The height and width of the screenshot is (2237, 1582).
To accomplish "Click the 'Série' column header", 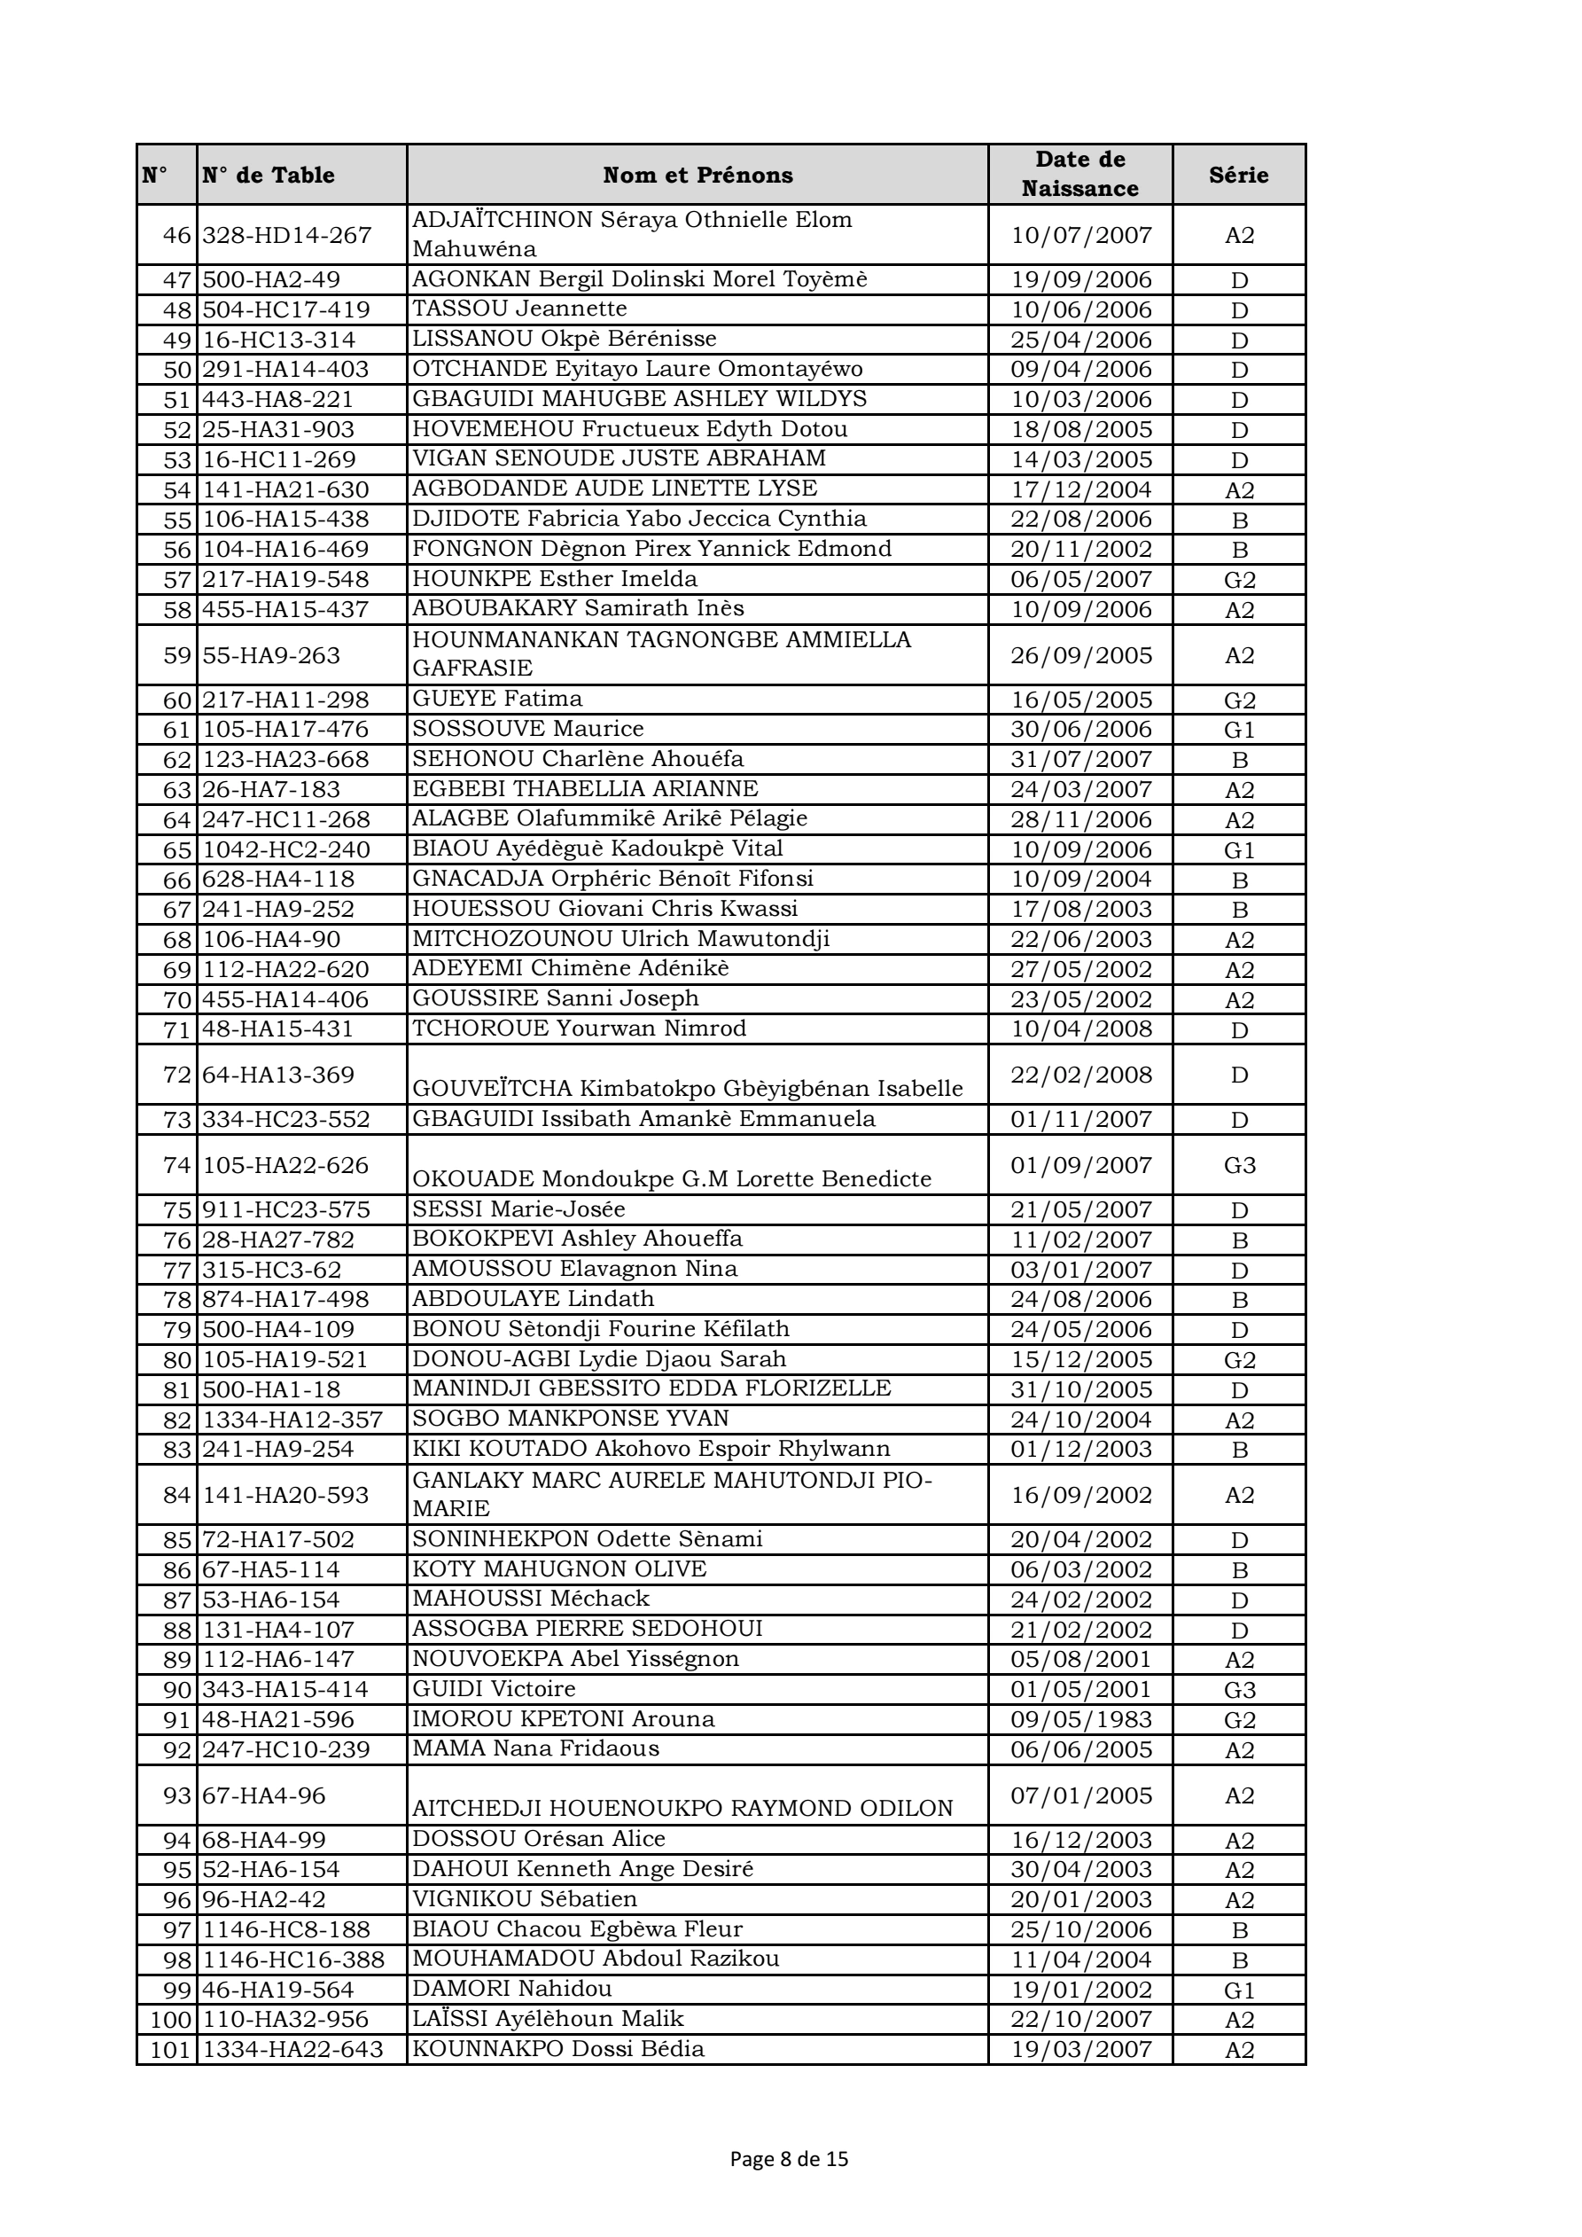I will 1238,176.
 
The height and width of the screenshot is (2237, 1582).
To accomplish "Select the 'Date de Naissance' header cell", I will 1079,175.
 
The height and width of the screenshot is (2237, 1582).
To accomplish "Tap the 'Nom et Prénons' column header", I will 697,176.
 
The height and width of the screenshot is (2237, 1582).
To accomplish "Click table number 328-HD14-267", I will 287,236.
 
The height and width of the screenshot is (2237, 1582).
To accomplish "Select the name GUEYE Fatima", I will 497,699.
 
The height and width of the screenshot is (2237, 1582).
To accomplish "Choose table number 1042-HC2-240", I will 286,849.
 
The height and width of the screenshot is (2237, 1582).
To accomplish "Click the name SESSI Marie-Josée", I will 518,1209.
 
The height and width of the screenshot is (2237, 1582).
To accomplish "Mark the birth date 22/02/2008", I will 1080,1075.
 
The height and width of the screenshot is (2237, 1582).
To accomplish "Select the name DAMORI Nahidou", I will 511,1989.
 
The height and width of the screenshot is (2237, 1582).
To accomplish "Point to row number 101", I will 170,2049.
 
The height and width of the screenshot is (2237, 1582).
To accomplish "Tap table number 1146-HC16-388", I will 293,1959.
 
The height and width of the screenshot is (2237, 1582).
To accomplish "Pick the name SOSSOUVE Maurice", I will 528,729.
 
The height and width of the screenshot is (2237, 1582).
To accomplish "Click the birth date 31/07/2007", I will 1080,759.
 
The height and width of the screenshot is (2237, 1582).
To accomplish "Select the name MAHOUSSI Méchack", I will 530,1599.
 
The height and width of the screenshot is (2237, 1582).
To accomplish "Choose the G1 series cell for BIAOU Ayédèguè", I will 1239,849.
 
